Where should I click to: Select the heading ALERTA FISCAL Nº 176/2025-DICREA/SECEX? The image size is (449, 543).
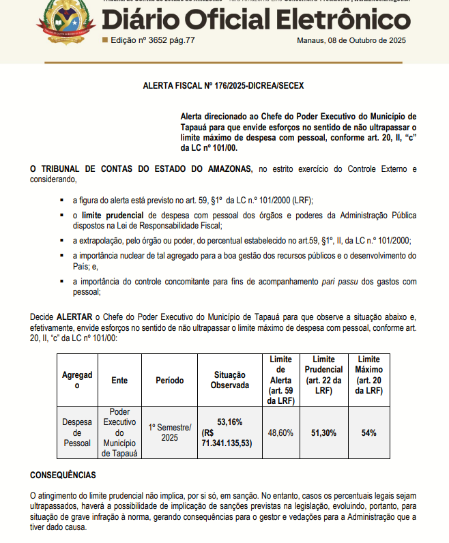222,87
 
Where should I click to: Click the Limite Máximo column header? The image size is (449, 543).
369,375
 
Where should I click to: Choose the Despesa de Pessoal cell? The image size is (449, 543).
76,432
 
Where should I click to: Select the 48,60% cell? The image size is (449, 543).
280,432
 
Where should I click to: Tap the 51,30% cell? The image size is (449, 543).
323,432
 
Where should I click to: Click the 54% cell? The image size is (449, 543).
369,432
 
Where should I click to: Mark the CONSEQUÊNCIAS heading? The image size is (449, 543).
63,475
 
